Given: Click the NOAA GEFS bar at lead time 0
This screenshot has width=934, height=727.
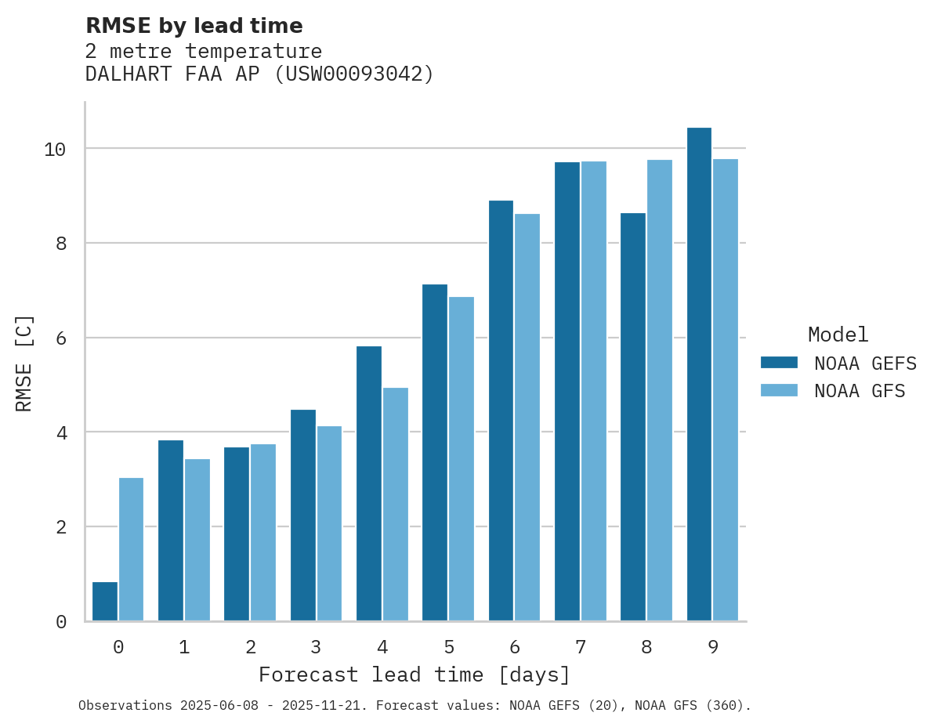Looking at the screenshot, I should (105, 602).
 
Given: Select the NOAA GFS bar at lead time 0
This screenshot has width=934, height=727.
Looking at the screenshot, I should (132, 549).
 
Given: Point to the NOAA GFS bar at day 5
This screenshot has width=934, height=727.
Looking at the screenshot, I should (462, 459).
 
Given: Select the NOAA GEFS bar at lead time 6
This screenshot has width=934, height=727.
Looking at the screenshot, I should (501, 411).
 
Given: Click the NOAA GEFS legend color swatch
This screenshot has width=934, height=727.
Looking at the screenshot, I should (779, 363).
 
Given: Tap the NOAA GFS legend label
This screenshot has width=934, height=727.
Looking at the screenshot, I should (860, 391).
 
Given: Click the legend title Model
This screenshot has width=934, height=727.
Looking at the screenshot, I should (838, 335).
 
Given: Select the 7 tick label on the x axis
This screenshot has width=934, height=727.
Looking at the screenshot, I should (581, 647).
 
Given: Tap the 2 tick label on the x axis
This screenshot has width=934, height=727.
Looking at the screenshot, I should (251, 647).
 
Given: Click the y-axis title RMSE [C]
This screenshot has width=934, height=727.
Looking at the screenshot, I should (24, 363).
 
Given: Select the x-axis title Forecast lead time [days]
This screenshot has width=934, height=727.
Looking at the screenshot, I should (415, 675).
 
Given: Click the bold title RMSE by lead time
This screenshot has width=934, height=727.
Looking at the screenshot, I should (194, 26).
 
